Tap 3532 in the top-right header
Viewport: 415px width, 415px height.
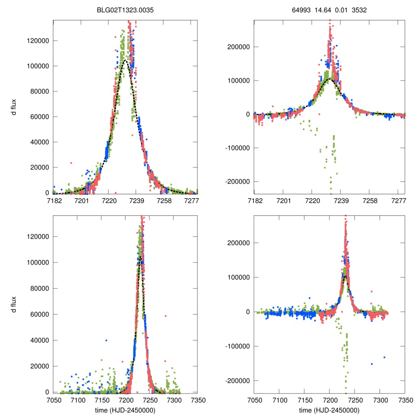pyautogui.click(x=359, y=10)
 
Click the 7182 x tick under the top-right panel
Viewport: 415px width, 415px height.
pyautogui.click(x=254, y=201)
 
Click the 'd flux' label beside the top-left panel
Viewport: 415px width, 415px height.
pyautogui.click(x=14, y=106)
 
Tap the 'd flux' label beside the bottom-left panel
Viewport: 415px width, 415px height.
pyautogui.click(x=14, y=304)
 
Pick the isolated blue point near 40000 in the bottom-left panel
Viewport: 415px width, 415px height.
pyautogui.click(x=106, y=340)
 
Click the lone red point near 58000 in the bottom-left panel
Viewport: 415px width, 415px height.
pyautogui.click(x=165, y=316)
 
